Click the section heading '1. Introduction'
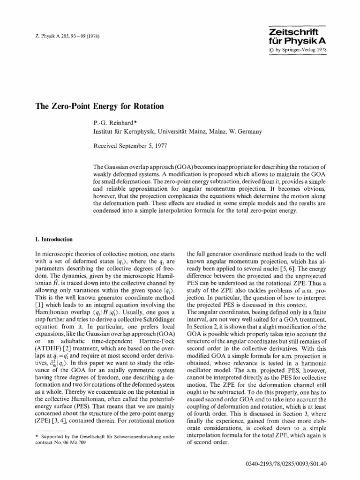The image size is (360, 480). [x=54, y=239]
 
